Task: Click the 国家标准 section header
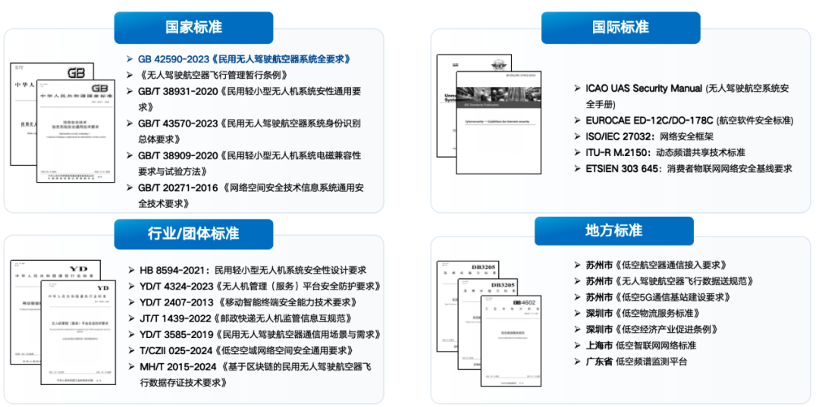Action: [x=193, y=27]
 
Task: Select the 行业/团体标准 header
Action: [x=193, y=233]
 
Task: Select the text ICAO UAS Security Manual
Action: [x=639, y=89]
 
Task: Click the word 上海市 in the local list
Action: [x=594, y=346]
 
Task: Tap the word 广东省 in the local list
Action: [x=594, y=362]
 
